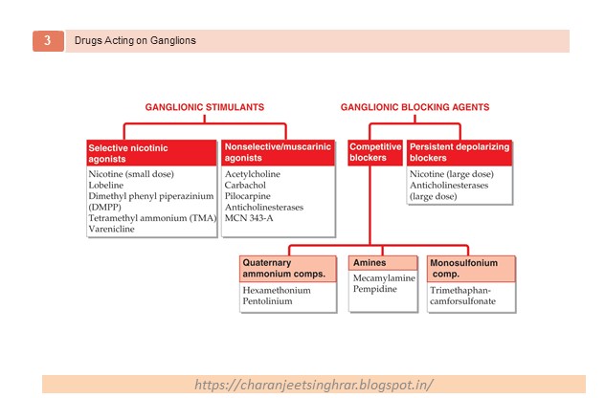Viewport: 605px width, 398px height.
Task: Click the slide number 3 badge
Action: pyautogui.click(x=47, y=40)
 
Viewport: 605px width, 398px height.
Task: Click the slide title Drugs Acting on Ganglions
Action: pyautogui.click(x=135, y=40)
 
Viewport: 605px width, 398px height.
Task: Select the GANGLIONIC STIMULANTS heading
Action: pyautogui.click(x=204, y=107)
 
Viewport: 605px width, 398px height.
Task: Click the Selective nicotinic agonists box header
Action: pyautogui.click(x=151, y=154)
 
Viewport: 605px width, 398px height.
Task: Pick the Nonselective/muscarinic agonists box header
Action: pyautogui.click(x=277, y=154)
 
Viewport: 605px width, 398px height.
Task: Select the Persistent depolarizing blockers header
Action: pyautogui.click(x=459, y=154)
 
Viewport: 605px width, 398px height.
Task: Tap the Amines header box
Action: pyautogui.click(x=383, y=263)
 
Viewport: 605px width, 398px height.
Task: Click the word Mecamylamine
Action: pyautogui.click(x=385, y=277)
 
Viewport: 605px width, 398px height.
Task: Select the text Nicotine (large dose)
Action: pyautogui.click(x=451, y=175)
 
